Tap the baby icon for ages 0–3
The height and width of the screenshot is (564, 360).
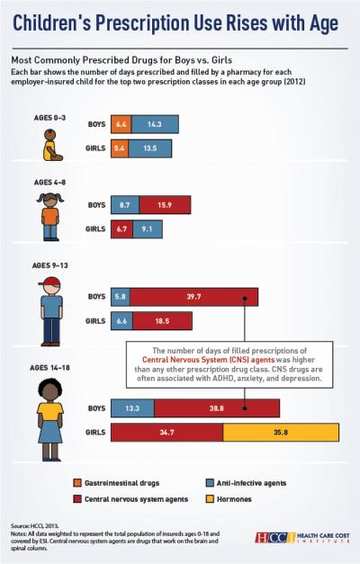pos(46,143)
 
